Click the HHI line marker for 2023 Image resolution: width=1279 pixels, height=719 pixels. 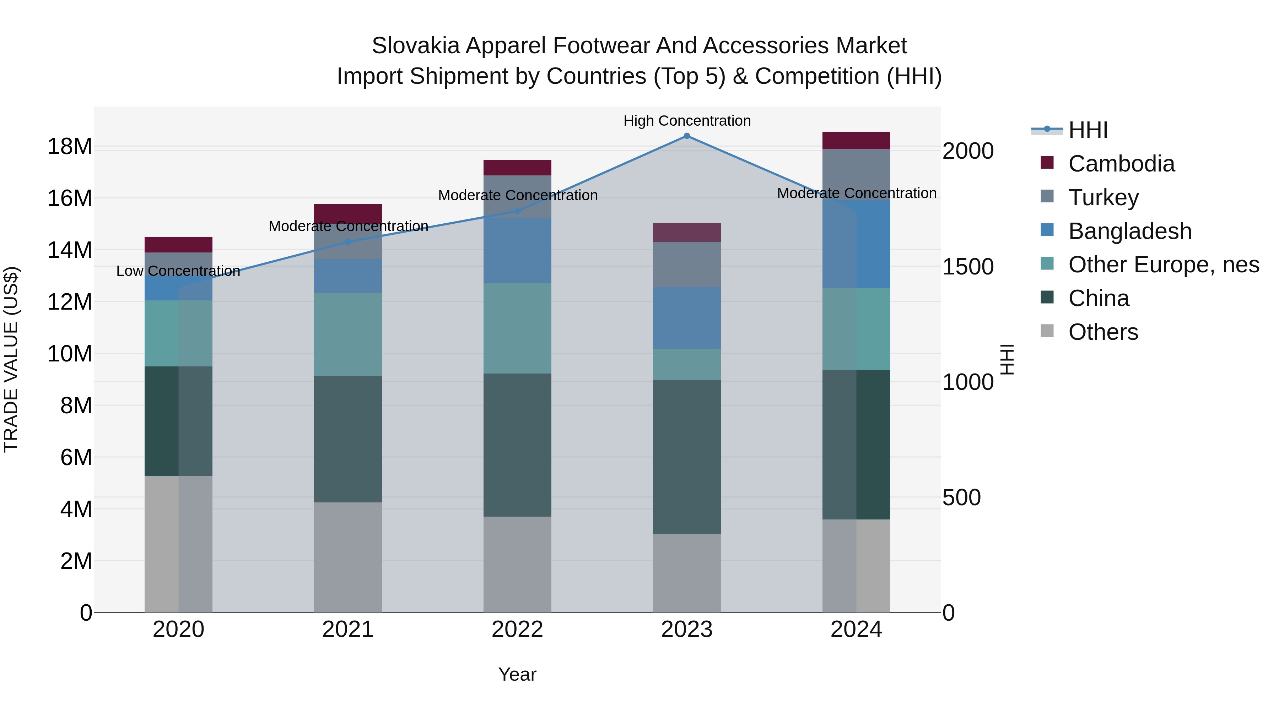pos(687,136)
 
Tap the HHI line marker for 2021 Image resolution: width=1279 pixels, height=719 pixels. pos(348,242)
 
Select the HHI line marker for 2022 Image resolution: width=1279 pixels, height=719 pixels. pos(517,211)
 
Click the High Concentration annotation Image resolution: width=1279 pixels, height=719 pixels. pos(687,121)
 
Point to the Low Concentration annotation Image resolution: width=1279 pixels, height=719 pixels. pos(178,271)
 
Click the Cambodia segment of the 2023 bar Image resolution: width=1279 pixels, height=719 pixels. pos(687,233)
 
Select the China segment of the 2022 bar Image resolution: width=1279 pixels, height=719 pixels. pos(517,445)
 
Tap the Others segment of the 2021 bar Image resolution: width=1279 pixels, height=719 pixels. pos(348,557)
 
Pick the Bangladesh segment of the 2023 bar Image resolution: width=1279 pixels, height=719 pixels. pos(687,317)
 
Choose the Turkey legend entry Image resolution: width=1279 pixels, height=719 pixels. pos(1103,197)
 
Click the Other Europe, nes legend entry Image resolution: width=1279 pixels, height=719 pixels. pos(1163,265)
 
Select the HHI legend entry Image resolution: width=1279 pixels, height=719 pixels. pos(1088,130)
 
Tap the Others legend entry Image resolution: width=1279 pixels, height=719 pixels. pos(1103,332)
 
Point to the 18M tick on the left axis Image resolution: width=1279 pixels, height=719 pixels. pos(70,147)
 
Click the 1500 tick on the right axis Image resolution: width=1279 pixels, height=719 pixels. pos(968,267)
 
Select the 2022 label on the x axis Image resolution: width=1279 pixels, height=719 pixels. pos(517,630)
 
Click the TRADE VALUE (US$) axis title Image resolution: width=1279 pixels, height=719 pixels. pos(11,359)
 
